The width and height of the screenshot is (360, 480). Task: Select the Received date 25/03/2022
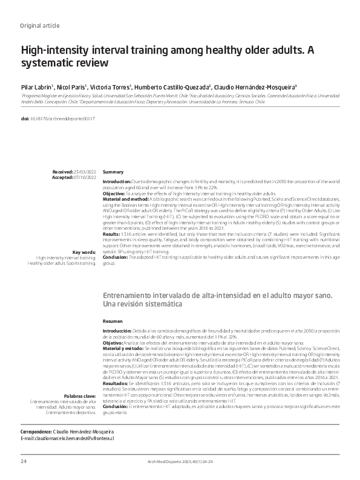pyautogui.click(x=83, y=172)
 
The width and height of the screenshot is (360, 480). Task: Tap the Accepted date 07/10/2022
pyautogui.click(x=83, y=177)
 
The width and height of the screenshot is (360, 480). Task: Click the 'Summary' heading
pyautogui.click(x=113, y=172)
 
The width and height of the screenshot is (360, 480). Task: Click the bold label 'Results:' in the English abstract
pyautogui.click(x=112, y=232)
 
